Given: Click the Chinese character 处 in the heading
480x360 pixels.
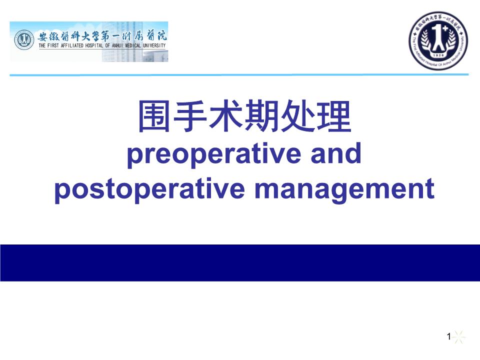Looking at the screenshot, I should point(297,117).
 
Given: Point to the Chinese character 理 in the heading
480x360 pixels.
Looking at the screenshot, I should point(332,117).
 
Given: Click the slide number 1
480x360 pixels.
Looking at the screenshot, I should point(449,337).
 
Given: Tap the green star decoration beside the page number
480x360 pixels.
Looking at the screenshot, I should point(458,337).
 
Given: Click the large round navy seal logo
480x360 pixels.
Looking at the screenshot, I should point(439,41).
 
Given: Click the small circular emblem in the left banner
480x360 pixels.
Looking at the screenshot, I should point(23,39).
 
